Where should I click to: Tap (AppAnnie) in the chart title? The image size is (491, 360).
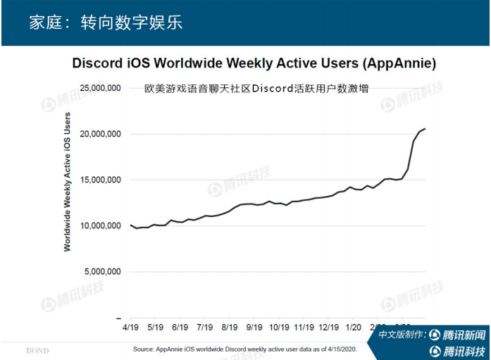tap(398, 63)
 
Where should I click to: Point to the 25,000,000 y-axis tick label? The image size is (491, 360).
tap(101, 88)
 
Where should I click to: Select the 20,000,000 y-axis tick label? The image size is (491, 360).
tap(101, 134)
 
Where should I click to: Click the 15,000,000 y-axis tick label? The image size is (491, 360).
tap(101, 180)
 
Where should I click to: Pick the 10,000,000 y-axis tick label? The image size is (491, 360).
tap(101, 225)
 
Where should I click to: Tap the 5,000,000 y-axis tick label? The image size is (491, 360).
tap(104, 271)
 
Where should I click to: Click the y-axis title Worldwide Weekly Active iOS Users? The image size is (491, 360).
tap(68, 181)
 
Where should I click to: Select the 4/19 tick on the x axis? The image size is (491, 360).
tap(131, 328)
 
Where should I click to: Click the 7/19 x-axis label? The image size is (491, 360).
tap(205, 328)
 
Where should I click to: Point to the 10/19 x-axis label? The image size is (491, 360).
tap(280, 328)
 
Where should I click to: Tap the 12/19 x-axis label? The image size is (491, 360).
tap(329, 328)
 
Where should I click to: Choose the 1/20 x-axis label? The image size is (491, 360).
tap(354, 328)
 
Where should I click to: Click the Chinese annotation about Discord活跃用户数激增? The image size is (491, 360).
tap(256, 89)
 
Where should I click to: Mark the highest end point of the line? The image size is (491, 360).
tap(425, 128)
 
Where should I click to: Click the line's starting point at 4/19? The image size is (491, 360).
tap(131, 225)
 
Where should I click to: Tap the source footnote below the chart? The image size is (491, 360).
tap(245, 349)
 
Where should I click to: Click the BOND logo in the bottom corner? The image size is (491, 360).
tap(37, 349)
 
